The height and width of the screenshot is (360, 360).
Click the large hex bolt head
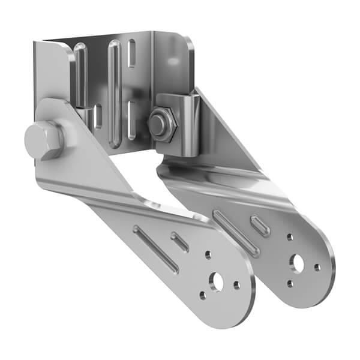click(x=43, y=140)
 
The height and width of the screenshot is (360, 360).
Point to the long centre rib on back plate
click(x=116, y=84)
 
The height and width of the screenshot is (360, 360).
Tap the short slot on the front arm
click(x=180, y=241)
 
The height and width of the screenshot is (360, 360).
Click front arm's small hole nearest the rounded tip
click(x=237, y=285)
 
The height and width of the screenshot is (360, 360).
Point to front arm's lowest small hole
click(x=203, y=295)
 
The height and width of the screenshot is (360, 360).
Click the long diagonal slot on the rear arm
click(x=236, y=233)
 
